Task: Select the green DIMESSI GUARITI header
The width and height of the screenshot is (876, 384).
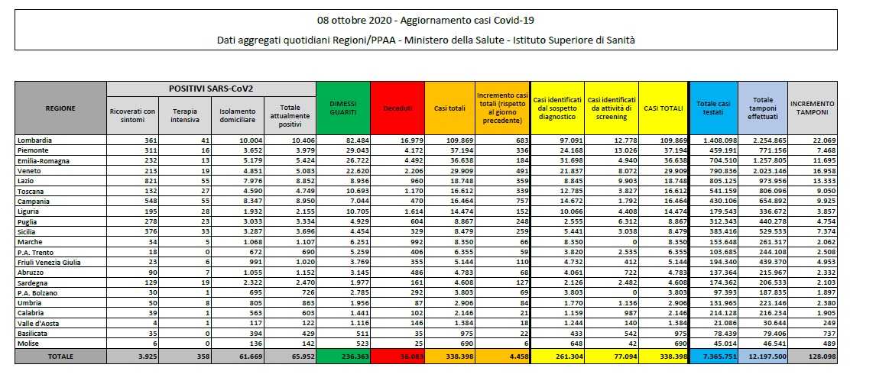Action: tap(342, 108)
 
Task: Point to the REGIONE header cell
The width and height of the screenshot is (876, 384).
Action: tap(61, 108)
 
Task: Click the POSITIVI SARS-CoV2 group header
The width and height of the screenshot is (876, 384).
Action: tap(212, 89)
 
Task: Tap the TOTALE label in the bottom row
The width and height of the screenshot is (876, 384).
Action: tap(61, 357)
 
